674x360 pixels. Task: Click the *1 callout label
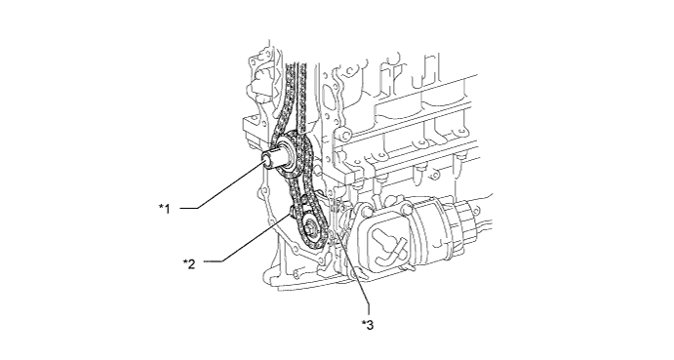point(165,209)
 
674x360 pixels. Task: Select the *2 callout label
point(188,262)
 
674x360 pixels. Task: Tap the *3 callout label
point(368,325)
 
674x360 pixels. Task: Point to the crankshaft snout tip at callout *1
point(268,160)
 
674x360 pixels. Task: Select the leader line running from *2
point(246,240)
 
